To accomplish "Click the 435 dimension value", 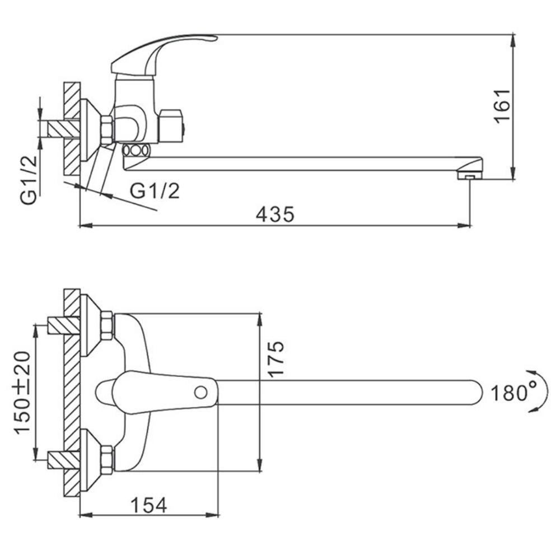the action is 276,214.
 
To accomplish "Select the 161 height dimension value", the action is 502,106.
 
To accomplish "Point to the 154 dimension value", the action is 148,505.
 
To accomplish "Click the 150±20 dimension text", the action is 22,392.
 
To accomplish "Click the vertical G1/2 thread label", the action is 29,179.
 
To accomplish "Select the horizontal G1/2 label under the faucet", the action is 155,191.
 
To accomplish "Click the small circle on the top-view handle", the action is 200,393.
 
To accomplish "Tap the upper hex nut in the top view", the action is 107,325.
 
